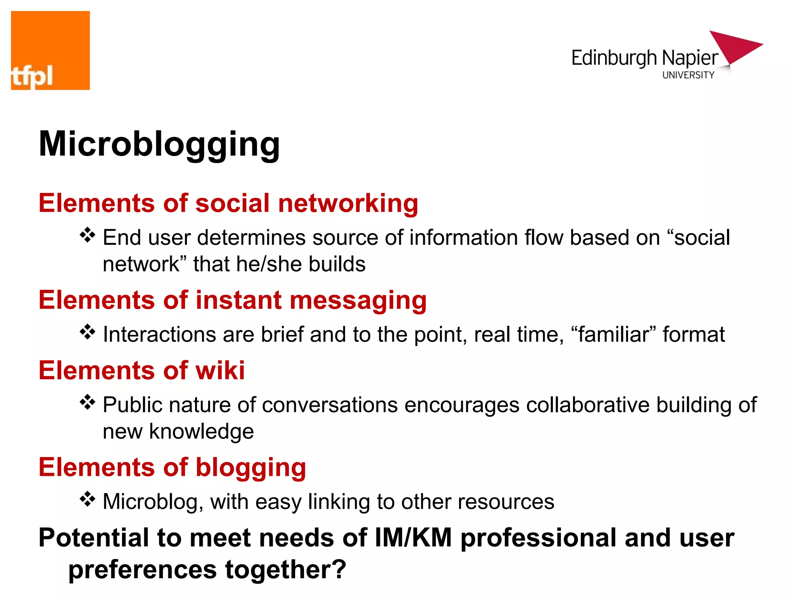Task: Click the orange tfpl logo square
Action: tap(50, 50)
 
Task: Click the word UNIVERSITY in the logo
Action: tap(688, 75)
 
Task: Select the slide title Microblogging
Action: tap(159, 144)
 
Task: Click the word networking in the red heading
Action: tap(348, 203)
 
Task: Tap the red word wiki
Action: tap(220, 370)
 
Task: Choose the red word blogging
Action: tap(251, 468)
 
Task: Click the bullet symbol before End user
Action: tap(88, 235)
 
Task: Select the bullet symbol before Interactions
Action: tap(88, 332)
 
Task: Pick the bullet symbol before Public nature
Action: tap(88, 402)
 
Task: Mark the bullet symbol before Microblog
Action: tap(88, 499)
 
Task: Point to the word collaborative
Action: tap(588, 405)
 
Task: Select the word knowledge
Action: tap(201, 431)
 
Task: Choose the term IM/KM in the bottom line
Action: tap(413, 538)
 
